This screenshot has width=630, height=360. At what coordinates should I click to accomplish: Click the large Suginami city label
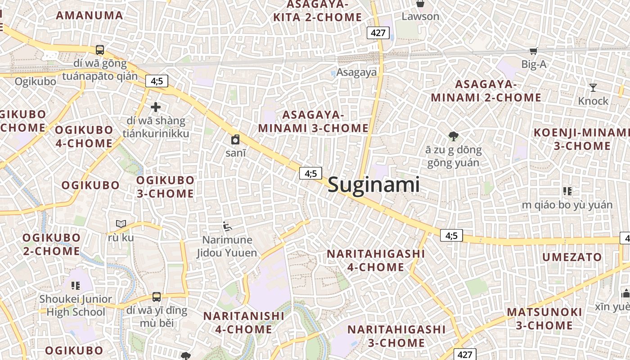(x=373, y=184)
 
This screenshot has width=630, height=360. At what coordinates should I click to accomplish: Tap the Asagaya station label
(x=356, y=72)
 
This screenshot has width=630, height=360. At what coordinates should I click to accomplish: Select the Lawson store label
(x=420, y=17)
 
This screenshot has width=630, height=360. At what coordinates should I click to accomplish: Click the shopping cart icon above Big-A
(x=533, y=51)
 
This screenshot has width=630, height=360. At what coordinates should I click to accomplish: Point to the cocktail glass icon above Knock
(x=593, y=87)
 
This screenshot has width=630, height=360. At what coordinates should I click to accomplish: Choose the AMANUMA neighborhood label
(x=89, y=15)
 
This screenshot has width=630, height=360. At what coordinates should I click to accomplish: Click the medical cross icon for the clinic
(x=156, y=107)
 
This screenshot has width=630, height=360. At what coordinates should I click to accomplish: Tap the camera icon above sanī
(x=235, y=139)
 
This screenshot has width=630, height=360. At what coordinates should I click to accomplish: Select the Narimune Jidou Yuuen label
(x=227, y=246)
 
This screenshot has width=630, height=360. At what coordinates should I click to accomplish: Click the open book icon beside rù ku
(x=121, y=224)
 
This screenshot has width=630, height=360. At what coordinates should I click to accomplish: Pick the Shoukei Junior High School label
(x=76, y=305)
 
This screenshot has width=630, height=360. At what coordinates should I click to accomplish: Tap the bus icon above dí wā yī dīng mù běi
(x=157, y=297)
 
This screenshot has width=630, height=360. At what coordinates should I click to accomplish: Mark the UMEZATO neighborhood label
(x=572, y=257)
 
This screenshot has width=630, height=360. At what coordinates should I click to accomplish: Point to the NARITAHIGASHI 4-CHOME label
(x=376, y=260)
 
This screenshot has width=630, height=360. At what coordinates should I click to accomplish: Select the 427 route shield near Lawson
(x=378, y=32)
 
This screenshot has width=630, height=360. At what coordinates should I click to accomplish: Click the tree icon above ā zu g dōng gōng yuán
(x=454, y=136)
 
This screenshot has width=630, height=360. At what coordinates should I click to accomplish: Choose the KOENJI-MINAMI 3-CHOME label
(x=582, y=139)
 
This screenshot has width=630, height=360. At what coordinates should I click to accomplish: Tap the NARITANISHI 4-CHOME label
(x=243, y=322)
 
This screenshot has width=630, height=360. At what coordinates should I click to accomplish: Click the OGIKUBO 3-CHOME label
(x=165, y=187)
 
